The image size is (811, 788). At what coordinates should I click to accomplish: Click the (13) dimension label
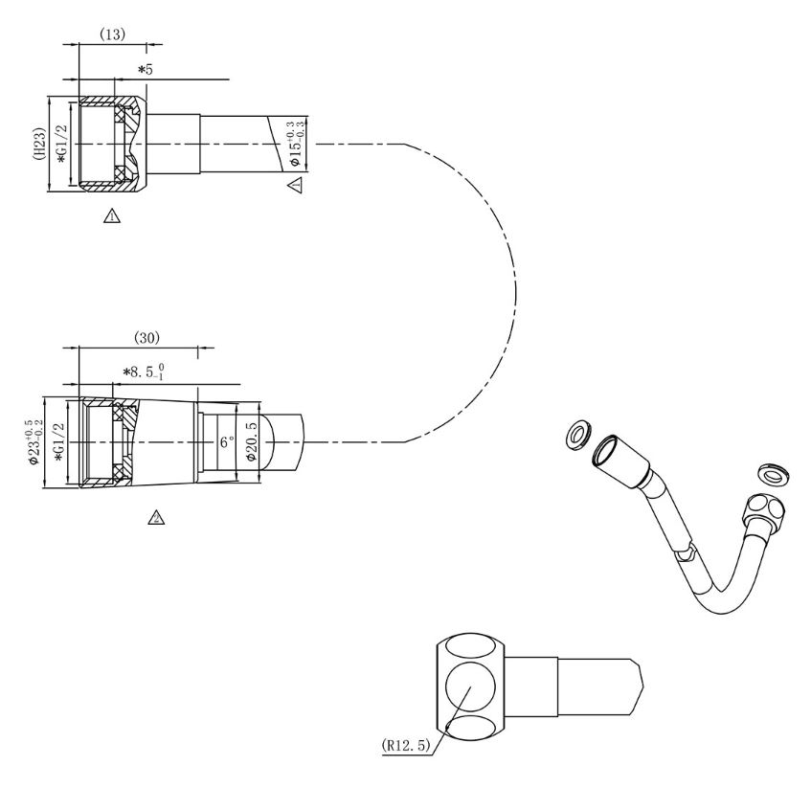coord(112,34)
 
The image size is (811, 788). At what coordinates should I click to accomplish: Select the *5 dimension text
coord(146,69)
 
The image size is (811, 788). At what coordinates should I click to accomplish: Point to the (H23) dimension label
coord(40,144)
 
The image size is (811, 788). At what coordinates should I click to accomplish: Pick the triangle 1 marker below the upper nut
coord(112,215)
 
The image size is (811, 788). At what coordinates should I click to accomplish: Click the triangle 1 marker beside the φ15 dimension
coord(295,185)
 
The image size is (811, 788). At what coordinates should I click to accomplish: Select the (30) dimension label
coord(146,338)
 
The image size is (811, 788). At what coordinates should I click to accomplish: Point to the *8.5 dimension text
coord(144,371)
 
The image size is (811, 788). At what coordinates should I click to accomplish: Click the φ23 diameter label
coord(36,442)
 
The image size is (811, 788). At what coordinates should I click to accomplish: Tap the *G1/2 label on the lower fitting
coord(60,443)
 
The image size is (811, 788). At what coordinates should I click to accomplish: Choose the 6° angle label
coord(227,442)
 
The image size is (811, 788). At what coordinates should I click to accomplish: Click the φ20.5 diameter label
coord(252,442)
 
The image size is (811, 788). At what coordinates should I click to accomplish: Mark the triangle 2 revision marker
coord(156,516)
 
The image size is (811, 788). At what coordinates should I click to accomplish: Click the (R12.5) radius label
coord(406,745)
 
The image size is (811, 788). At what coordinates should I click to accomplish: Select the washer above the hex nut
coord(775,475)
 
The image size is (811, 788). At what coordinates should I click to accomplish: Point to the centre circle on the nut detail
coord(470,687)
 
